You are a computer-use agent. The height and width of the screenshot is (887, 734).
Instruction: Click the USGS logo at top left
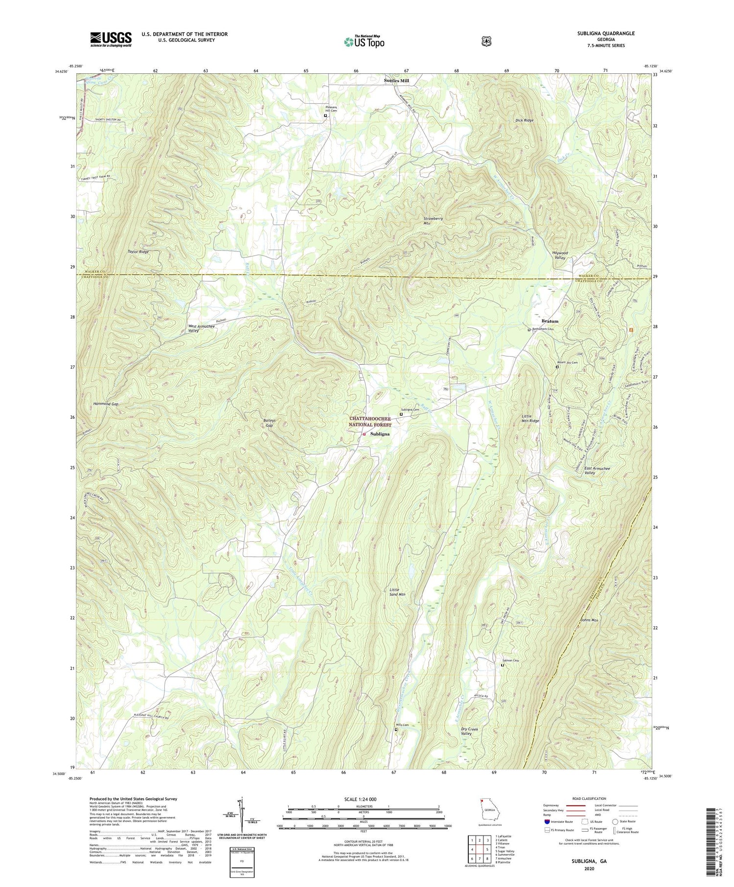111,39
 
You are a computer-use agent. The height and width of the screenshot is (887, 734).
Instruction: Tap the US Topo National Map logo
364,42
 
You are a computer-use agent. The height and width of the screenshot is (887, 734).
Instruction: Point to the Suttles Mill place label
396,80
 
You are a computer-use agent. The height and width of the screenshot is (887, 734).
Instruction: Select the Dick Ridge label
524,120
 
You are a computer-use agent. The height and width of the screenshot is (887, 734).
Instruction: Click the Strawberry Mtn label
433,221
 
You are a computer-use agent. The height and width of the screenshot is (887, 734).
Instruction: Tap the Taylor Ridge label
138,252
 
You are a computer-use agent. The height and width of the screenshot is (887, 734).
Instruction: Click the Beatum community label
550,321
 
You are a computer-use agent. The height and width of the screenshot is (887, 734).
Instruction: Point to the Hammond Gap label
106,404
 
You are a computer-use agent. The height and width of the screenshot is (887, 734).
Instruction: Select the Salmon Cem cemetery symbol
502,665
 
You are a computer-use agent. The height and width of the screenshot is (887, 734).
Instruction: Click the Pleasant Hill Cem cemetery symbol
325,116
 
